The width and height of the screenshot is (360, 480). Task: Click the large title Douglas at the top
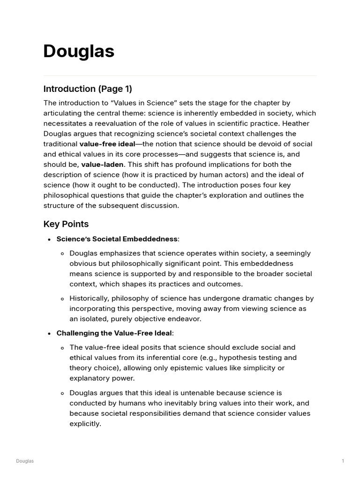coord(79,51)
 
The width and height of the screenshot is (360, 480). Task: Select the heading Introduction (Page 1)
coord(88,89)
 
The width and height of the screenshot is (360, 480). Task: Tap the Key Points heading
coord(66,224)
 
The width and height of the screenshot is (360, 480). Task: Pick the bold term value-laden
coord(102,165)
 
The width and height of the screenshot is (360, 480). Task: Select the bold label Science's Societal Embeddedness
coord(117,239)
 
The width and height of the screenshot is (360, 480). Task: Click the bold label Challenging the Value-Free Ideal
coord(114,333)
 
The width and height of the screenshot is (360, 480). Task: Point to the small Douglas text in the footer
coord(25,461)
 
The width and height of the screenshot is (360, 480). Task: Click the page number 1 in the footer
coord(343,461)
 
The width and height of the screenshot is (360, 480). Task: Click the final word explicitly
coord(85,424)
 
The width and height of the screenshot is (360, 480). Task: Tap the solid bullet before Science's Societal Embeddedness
coord(49,240)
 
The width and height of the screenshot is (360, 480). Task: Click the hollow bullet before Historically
coord(62,299)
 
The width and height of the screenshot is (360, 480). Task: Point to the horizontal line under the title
coord(180,75)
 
